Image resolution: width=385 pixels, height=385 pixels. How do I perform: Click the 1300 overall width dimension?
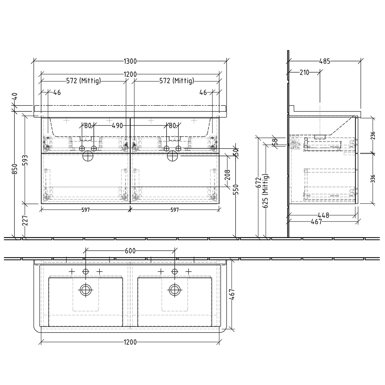(x=130, y=61)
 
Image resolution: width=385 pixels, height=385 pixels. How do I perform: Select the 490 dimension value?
(x=117, y=126)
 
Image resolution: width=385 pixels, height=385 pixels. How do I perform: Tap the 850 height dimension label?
(x=15, y=169)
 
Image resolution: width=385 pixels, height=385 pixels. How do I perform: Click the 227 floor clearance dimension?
(x=25, y=220)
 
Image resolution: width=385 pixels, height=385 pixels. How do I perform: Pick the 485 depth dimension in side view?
(x=324, y=61)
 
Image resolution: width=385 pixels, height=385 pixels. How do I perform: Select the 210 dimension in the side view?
(x=304, y=72)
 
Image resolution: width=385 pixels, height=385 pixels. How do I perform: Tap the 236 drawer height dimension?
(x=373, y=135)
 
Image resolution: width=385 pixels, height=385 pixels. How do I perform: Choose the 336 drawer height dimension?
(x=373, y=179)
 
